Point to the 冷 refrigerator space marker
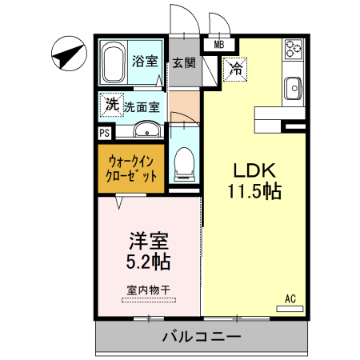tap(236, 70)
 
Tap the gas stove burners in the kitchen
tap(293, 52)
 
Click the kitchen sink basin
tap(293, 85)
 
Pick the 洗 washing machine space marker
tap(113, 103)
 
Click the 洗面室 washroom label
tap(142, 105)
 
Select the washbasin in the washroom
tap(145, 130)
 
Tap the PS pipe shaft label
tap(105, 133)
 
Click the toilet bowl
tap(185, 165)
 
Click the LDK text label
tap(254, 170)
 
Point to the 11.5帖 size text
tap(254, 192)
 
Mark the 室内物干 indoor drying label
tap(150, 289)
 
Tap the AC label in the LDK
tap(290, 300)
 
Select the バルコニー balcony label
tap(202, 336)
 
